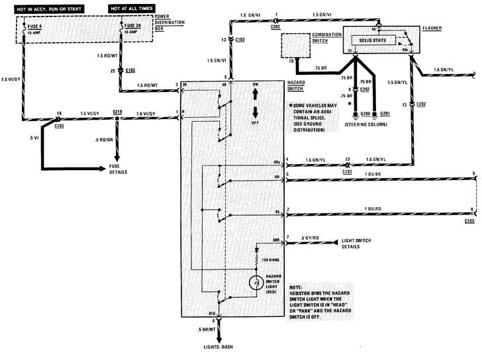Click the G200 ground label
[x=357, y=114]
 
